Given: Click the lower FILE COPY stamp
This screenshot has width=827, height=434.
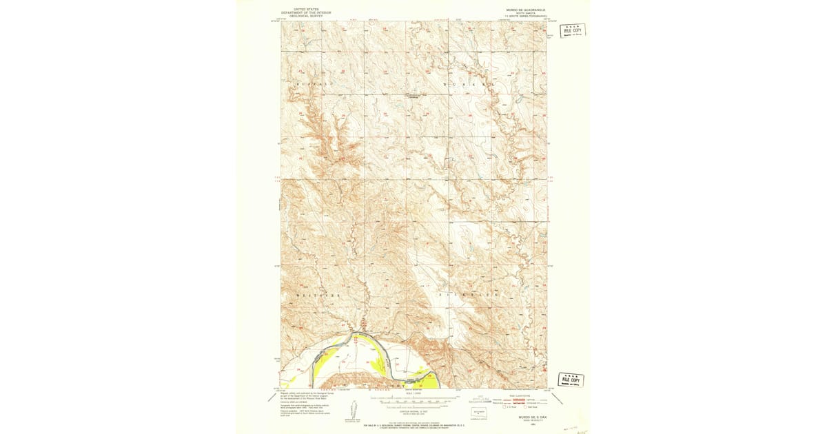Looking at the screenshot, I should [x=571, y=380].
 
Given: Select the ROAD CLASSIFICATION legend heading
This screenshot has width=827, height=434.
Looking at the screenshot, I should [x=523, y=395].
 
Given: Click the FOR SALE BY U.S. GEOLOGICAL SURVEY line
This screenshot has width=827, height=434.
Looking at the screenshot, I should [x=413, y=426].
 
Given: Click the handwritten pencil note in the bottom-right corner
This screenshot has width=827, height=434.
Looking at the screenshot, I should [x=573, y=428].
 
